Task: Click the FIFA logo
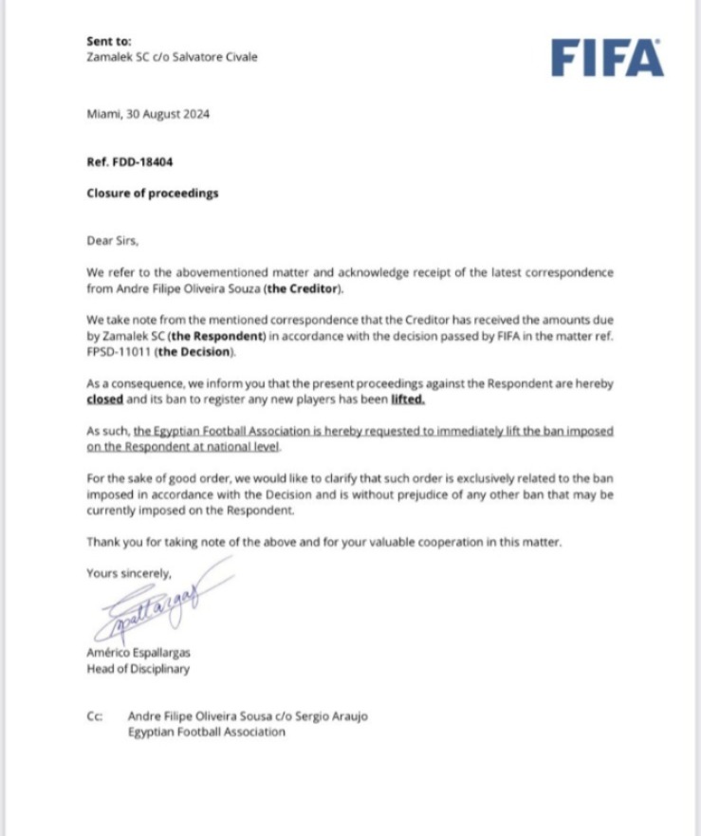click(x=607, y=58)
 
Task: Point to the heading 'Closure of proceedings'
click(x=152, y=193)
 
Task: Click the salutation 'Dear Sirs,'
click(x=111, y=241)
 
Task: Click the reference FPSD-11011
click(x=113, y=352)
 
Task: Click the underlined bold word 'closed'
click(x=104, y=399)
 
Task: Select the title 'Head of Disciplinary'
click(x=138, y=669)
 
